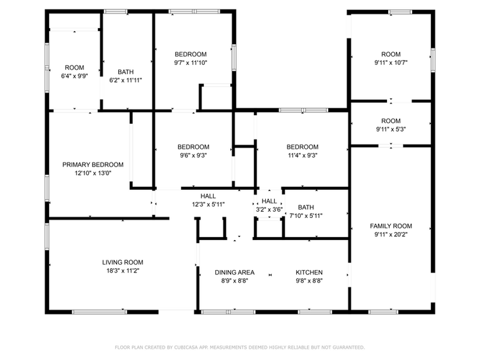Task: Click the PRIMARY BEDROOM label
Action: tap(93, 165)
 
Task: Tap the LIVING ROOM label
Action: tap(122, 262)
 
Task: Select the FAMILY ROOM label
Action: tap(391, 226)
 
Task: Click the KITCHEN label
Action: tap(309, 272)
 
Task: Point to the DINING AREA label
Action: tap(234, 272)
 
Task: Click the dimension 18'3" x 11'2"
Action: tap(122, 271)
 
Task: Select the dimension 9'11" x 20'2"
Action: tap(391, 234)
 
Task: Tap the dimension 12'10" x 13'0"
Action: tap(93, 173)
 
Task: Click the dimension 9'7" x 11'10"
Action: tap(190, 62)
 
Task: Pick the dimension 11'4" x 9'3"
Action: tap(302, 156)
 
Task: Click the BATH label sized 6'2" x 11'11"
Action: tap(126, 72)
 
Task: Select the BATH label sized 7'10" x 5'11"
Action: tap(306, 207)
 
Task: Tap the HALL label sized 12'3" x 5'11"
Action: tap(208, 196)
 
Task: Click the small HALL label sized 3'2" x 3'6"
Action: tap(269, 201)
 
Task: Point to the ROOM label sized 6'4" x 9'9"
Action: tap(75, 67)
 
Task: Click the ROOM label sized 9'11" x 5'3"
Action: tap(391, 121)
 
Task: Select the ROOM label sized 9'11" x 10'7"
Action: tap(391, 54)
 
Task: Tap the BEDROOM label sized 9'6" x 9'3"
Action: tap(193, 147)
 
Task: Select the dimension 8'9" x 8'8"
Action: tap(234, 281)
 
